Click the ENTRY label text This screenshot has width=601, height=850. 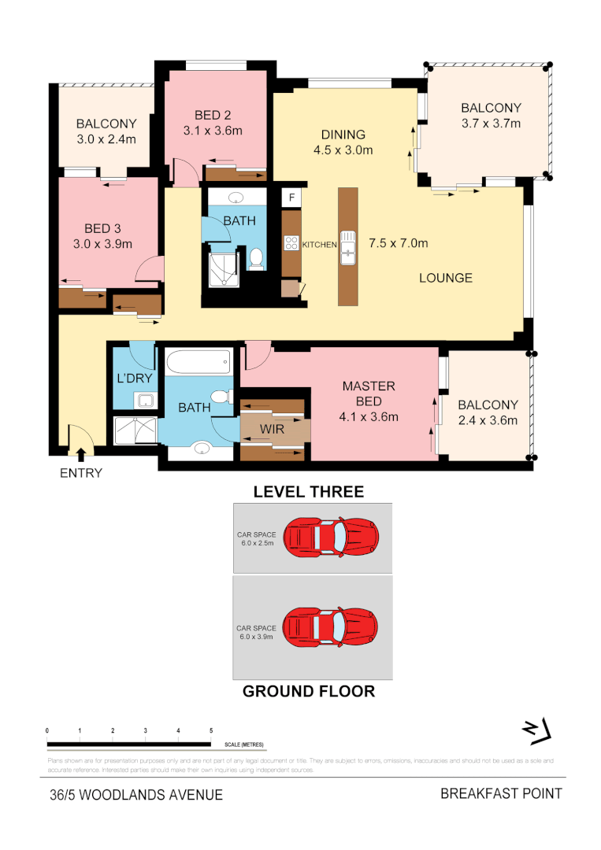click(81, 473)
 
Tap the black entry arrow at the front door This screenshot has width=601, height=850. click(80, 453)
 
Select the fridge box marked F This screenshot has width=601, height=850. click(291, 198)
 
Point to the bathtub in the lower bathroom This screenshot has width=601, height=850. click(198, 363)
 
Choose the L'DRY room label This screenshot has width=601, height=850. click(134, 379)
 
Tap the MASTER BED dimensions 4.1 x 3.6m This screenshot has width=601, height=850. click(369, 417)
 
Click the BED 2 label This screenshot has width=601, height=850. click(212, 116)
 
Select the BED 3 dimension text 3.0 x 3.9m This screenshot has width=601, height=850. click(102, 244)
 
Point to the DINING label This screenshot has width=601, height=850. click(343, 134)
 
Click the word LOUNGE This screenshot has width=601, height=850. click(446, 278)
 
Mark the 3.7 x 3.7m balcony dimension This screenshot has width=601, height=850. click(491, 123)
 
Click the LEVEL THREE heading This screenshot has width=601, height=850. click(308, 492)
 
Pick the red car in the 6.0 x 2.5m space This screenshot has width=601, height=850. click(331, 537)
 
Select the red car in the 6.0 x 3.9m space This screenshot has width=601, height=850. click(331, 626)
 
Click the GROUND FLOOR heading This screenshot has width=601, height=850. click(308, 692)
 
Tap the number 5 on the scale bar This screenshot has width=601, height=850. click(211, 731)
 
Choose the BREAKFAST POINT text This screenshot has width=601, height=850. click(501, 793)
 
